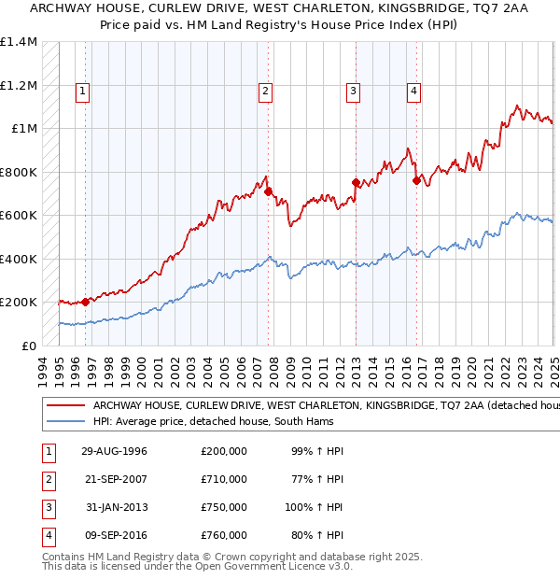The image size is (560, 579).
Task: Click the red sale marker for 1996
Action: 85,302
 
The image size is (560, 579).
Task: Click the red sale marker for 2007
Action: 268,191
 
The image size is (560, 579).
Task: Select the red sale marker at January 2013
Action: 356,182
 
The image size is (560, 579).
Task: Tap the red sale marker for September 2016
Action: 416,180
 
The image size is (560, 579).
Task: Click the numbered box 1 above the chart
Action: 83,92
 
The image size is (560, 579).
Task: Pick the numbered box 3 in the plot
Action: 354,92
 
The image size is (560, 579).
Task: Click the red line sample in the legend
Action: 64,406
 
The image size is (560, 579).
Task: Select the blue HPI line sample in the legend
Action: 64,421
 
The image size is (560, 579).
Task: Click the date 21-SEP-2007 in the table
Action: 115,479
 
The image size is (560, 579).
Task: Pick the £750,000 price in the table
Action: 224,507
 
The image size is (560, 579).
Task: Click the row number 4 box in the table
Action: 46,536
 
